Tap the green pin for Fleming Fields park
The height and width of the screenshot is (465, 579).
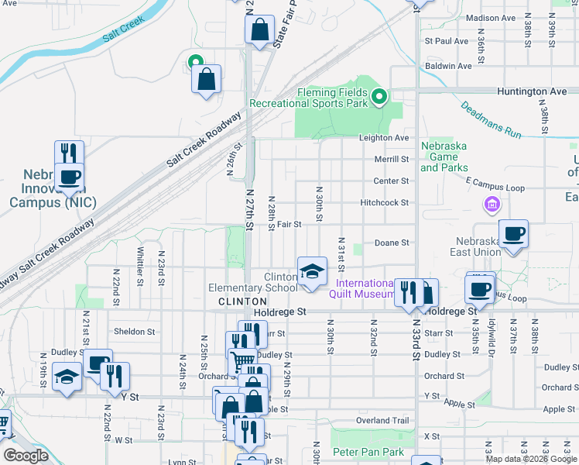pos(379,97)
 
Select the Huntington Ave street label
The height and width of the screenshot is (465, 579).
pos(533,91)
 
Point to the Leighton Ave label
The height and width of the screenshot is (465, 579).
pos(383,138)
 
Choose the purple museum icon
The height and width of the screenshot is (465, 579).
pos(491,205)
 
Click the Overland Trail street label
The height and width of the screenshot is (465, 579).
pos(381,420)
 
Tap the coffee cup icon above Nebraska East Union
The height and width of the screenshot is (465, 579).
pos(513,233)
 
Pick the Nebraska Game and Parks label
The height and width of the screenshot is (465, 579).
pos(444,157)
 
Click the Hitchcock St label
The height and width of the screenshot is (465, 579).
pos(384,203)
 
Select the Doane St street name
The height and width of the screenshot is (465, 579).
pos(391,243)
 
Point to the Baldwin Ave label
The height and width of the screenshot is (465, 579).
pos(448,66)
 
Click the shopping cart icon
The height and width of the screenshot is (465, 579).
pos(243,360)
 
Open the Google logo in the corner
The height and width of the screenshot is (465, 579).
pos(26,456)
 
